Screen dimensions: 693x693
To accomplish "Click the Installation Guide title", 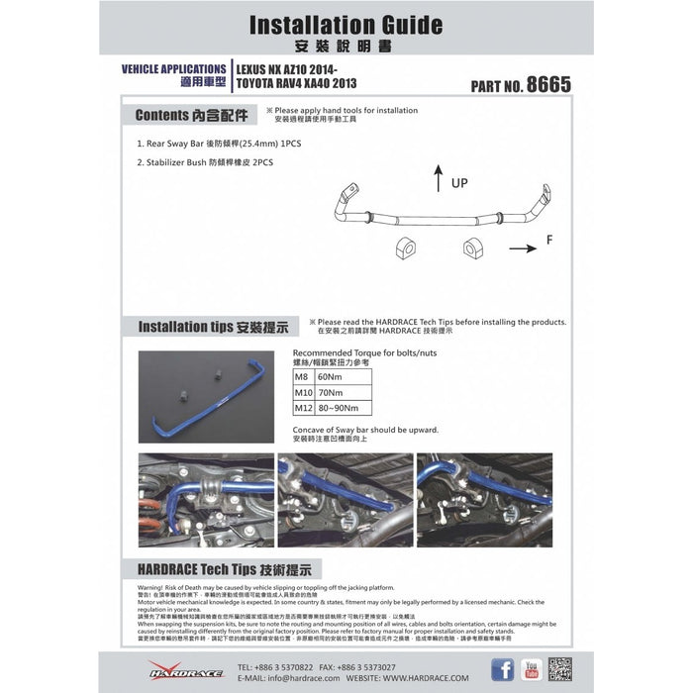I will click(x=346, y=24).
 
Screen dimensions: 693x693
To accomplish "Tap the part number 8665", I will click(x=549, y=84).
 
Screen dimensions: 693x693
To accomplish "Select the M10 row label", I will click(x=304, y=392).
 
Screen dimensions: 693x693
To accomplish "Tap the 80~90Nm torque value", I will click(x=340, y=407).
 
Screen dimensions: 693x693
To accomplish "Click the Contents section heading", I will click(x=188, y=114).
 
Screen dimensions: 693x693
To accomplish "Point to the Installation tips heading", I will click(x=213, y=326).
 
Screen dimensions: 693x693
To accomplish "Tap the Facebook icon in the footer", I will click(x=503, y=669).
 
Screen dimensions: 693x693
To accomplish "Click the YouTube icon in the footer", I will click(x=532, y=669).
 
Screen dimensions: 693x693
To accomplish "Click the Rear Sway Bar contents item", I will click(x=219, y=144).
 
